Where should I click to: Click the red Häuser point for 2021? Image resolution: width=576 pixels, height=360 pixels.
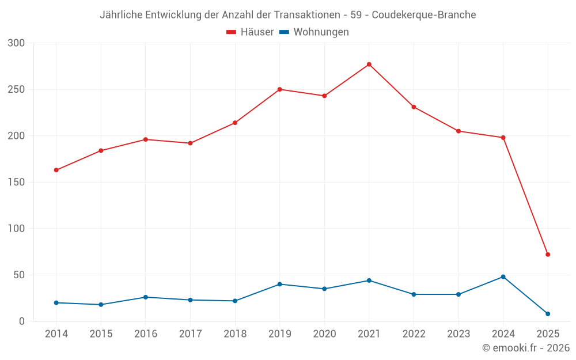(369, 65)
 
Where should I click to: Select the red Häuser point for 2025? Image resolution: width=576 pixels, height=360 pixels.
(548, 255)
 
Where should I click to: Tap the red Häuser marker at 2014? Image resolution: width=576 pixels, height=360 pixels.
(56, 170)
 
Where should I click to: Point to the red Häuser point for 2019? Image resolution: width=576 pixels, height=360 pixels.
(280, 89)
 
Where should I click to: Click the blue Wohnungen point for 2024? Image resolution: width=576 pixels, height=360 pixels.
(503, 276)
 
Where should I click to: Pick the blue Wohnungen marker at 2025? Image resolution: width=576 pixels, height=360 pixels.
(548, 314)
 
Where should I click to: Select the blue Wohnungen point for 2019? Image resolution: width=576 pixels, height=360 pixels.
(280, 284)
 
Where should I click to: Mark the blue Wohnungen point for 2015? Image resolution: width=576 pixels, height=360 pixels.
(101, 305)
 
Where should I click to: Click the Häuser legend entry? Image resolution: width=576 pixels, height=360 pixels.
(250, 32)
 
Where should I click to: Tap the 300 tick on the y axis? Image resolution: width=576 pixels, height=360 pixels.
(17, 43)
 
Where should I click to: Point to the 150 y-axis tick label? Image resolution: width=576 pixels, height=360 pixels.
(17, 182)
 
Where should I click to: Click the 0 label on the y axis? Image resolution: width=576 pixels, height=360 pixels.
(22, 321)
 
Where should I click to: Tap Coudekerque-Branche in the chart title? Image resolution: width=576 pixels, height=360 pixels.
(424, 14)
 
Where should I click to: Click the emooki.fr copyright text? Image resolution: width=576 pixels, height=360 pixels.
(525, 348)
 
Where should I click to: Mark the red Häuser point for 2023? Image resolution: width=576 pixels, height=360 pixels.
(458, 131)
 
